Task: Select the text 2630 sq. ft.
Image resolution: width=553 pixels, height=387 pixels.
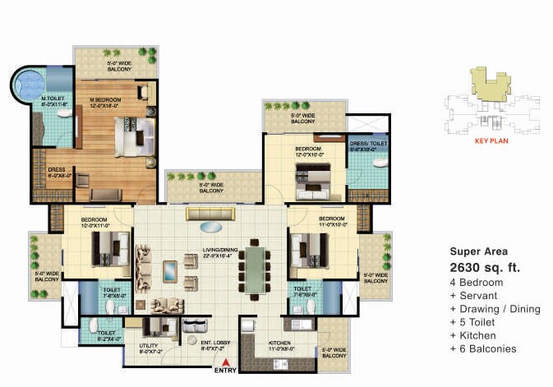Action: [485, 267]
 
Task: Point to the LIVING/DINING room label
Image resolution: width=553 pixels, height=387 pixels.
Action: [224, 252]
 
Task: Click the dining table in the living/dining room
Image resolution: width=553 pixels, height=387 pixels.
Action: [257, 271]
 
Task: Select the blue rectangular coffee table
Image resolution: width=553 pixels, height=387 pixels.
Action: [170, 270]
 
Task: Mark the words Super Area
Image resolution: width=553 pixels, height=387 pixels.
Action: [479, 251]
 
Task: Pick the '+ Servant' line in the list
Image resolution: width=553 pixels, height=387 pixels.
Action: [476, 295]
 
